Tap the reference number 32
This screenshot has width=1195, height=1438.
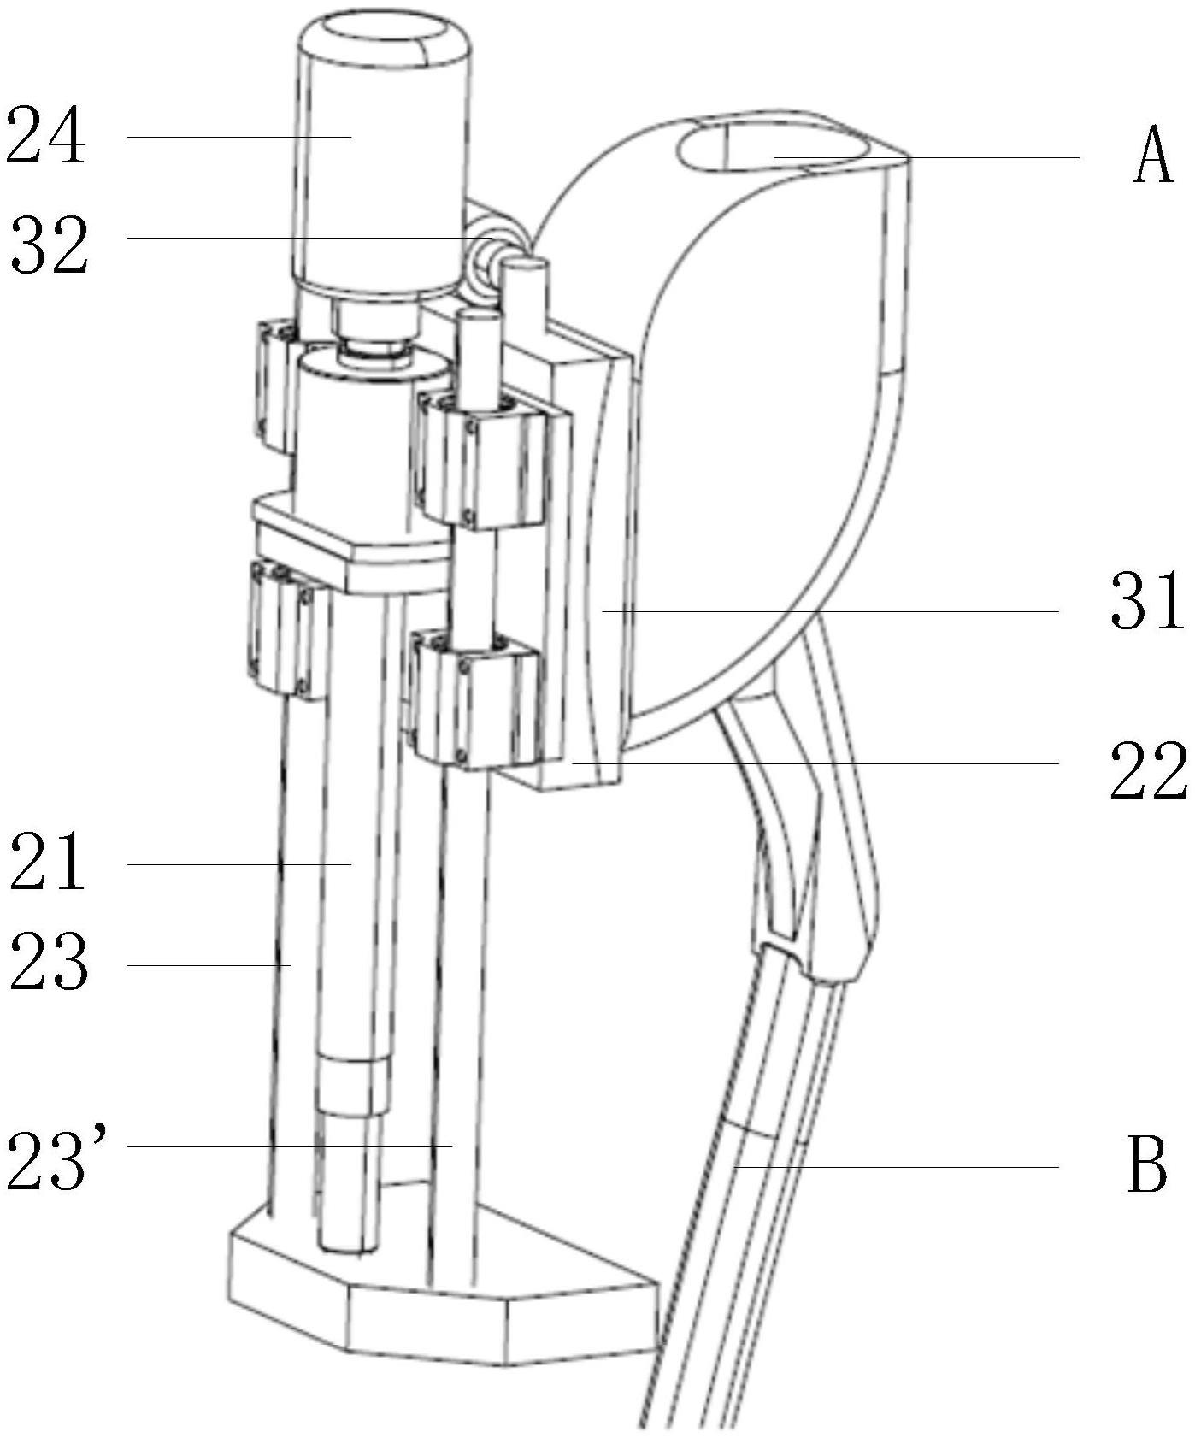50,245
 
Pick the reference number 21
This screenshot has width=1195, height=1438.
48,863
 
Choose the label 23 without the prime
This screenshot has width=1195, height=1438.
48,963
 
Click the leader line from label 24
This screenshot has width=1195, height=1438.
239,136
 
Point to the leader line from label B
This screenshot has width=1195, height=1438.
896,1166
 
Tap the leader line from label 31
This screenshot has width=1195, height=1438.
830,611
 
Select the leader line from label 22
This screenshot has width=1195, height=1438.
815,762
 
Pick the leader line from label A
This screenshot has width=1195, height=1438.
926,157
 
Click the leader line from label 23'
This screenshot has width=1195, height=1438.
289,1146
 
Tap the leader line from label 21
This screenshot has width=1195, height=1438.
239,864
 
